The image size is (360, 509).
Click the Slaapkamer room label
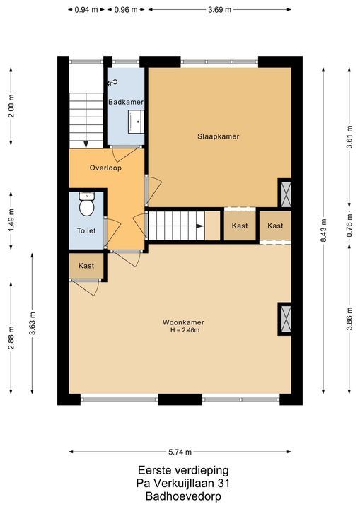pos(219,136)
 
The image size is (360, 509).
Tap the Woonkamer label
pos(183,322)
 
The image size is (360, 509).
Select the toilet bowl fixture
pos(87,204)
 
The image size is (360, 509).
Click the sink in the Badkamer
pos(136,122)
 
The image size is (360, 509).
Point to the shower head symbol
pos(112,83)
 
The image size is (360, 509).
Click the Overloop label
pos(105,168)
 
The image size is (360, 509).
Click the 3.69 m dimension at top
pos(220,9)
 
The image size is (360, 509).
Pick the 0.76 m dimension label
pos(349,226)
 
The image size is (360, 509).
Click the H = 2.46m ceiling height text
pos(185,330)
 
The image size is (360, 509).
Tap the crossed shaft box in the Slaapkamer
pos(286,194)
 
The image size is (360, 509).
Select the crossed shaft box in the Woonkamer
pos(286,319)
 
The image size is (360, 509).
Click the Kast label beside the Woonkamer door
pos(86,266)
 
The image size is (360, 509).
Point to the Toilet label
pos(86,230)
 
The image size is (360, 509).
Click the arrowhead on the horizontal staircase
pos(200,226)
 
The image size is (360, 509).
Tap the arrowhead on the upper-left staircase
pos(86,144)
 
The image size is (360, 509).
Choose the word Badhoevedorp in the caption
pos(183,496)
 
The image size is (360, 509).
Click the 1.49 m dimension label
pos(11,221)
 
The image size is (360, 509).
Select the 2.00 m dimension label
pos(11,106)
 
